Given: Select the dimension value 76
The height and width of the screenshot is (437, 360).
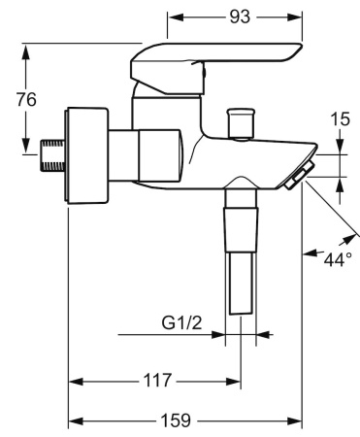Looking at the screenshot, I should click(27, 99).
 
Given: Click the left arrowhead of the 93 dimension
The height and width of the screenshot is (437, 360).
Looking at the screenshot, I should click(174, 17).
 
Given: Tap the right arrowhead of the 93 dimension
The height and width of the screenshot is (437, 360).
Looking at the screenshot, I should click(298, 17).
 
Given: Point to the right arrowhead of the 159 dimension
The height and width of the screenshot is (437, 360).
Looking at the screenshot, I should click(298, 420).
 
